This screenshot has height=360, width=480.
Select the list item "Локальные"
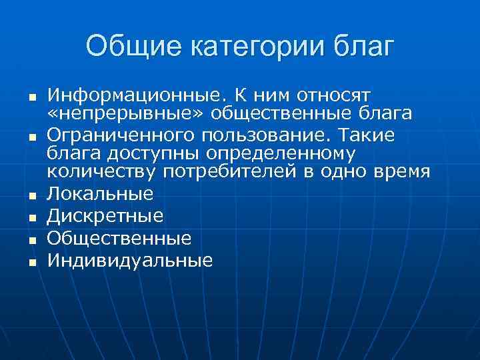pyautogui.click(x=101, y=194)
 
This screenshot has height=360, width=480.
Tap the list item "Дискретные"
pyautogui.click(x=105, y=216)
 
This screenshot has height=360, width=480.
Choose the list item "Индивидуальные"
pyautogui.click(x=130, y=260)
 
